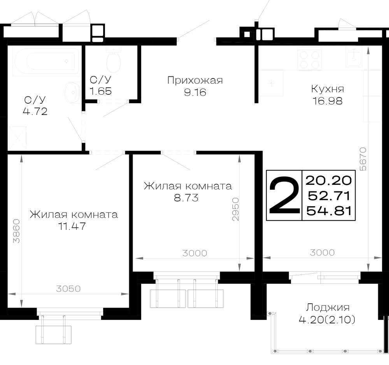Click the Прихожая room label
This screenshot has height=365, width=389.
195,81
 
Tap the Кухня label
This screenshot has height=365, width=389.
328,89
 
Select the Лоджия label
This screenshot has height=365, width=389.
328,308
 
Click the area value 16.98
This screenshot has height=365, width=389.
328,101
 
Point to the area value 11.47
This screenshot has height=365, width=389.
72,226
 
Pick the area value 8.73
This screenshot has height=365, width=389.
186,198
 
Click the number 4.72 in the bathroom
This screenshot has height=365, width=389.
35,111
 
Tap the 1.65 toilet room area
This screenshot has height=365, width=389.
100,91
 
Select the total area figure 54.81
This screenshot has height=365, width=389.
329,211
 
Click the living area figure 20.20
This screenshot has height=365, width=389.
329,180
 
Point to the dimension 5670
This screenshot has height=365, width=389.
363,159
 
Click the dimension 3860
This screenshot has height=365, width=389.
17,231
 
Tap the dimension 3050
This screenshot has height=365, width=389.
68,289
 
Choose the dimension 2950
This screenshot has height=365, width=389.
235,209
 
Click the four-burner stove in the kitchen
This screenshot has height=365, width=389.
309,59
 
